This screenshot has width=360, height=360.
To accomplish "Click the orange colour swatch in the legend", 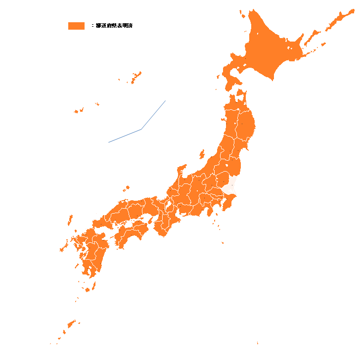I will (76, 26).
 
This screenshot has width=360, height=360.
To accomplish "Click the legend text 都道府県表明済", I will (114, 26).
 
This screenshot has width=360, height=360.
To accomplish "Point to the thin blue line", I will (141, 129).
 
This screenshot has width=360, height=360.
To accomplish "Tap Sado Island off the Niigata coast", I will (201, 154).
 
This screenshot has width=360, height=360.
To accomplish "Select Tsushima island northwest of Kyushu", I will (70, 220).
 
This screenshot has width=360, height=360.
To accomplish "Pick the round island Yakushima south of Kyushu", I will (87, 290).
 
